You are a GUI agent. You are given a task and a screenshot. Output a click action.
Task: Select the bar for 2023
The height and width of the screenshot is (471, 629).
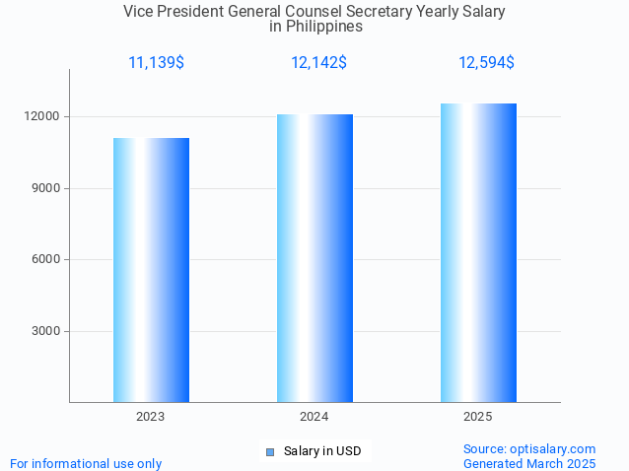point(151,270)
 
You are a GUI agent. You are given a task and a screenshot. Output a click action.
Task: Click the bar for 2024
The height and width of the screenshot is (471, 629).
point(314,258)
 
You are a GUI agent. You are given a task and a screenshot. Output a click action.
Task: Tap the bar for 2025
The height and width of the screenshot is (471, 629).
point(478,252)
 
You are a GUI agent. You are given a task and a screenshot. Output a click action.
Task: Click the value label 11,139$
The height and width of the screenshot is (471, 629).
point(156,63)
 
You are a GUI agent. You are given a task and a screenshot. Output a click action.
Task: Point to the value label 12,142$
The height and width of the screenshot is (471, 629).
point(318,63)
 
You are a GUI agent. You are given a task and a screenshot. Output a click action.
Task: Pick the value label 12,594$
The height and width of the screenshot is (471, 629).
point(486,63)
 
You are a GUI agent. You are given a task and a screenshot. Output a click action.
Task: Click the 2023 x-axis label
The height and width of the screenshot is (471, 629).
point(151,417)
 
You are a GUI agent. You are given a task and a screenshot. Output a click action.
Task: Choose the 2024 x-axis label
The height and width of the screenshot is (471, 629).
point(314,417)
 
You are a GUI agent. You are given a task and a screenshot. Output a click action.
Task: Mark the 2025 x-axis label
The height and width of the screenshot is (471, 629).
point(478,417)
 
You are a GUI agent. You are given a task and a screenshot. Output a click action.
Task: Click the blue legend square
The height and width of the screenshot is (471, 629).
point(269,452)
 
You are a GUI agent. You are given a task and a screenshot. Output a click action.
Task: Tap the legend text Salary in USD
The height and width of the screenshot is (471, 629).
point(322,451)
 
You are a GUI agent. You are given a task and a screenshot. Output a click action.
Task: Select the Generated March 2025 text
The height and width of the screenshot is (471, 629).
point(529,463)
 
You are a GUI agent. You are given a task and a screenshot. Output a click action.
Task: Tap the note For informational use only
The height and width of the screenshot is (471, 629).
point(86,463)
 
